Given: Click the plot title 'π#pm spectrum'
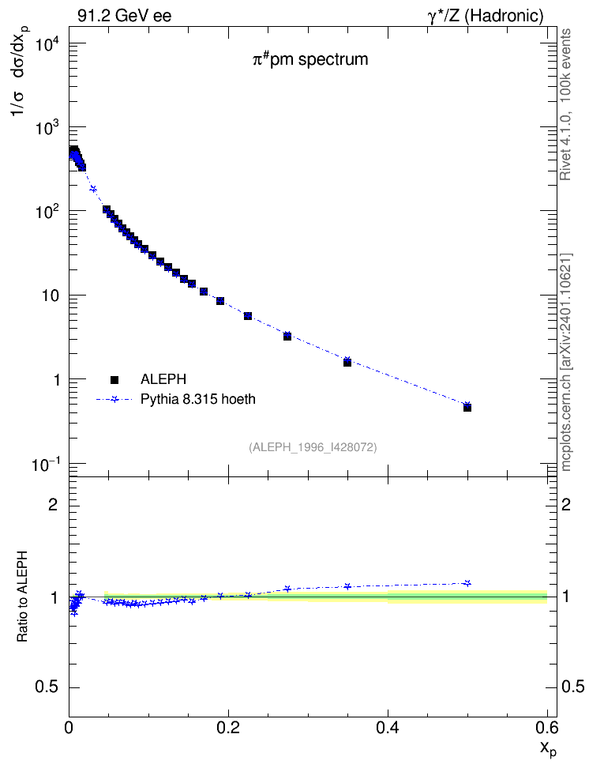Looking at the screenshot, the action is [x=310, y=60].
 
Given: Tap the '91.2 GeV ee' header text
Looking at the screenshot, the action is [x=125, y=16].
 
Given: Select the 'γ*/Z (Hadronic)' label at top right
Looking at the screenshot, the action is [x=485, y=16].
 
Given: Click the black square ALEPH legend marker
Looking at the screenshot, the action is [x=114, y=379].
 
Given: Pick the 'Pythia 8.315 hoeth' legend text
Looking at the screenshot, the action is [x=198, y=399].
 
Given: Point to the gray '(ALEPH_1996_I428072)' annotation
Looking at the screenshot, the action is [x=313, y=447].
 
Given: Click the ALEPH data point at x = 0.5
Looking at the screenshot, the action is [x=467, y=408].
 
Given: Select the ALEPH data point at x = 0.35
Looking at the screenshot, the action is [x=347, y=363].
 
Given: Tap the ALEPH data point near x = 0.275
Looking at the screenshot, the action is [x=287, y=337].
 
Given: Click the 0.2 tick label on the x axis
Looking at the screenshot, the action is [x=228, y=728].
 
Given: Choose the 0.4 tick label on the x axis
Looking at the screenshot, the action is [x=388, y=728].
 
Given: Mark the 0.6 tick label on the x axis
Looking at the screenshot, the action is [x=547, y=728].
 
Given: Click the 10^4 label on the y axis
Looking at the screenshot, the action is [x=48, y=44].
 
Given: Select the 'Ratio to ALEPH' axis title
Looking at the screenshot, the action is [x=22, y=597].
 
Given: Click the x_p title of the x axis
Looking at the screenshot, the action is [x=548, y=749].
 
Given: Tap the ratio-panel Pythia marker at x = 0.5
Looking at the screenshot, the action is [x=467, y=583].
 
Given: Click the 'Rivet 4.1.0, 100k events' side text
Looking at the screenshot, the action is [x=565, y=104].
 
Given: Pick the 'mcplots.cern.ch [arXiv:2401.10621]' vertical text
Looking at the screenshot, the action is [x=565, y=362].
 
